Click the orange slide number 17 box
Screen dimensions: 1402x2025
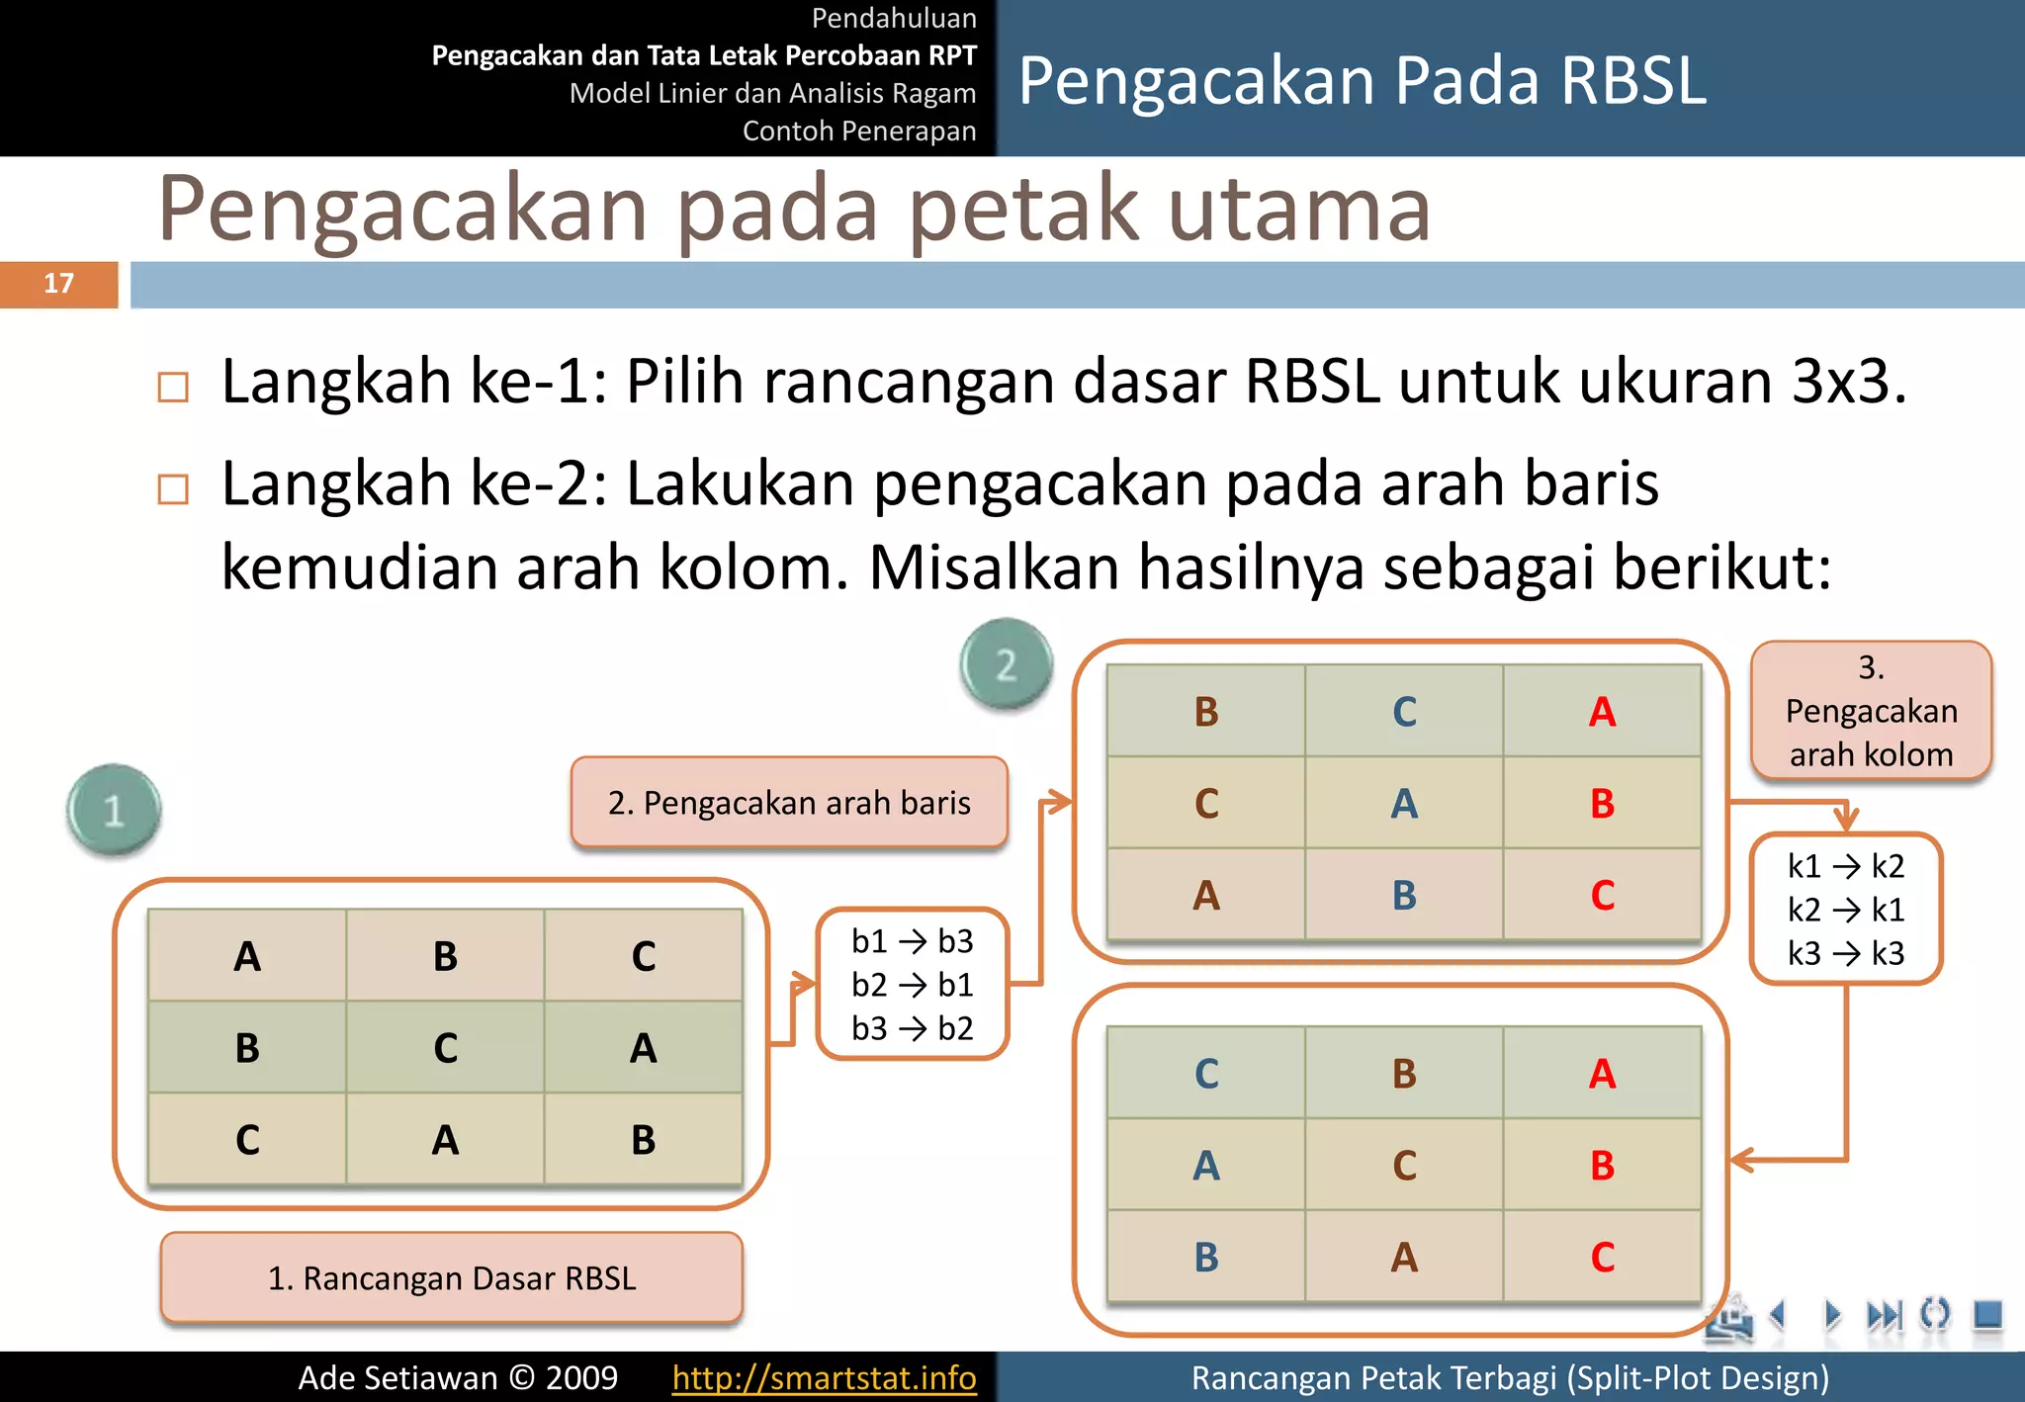click(58, 284)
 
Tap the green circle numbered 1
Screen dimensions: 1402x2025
click(114, 810)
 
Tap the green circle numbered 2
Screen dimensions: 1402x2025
click(1006, 664)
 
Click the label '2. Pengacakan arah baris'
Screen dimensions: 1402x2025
click(789, 803)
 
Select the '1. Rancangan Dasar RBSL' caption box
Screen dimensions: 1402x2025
click(452, 1277)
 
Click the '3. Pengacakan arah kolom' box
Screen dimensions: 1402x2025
click(1871, 711)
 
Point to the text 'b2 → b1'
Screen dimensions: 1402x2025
click(912, 985)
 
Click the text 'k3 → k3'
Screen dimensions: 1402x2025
click(1845, 953)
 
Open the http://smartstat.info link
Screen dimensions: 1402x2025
click(824, 1377)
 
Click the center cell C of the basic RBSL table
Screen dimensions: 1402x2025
click(445, 1048)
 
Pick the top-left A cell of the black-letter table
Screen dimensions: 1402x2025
click(247, 956)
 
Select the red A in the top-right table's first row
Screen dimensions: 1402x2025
click(1602, 712)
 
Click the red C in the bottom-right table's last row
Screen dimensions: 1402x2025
click(1602, 1258)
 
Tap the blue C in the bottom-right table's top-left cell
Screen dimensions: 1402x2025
click(1206, 1074)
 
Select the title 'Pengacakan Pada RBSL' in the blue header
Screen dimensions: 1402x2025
click(1362, 81)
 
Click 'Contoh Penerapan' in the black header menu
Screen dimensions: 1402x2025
click(858, 131)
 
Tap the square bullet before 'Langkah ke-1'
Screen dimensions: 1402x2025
click(173, 387)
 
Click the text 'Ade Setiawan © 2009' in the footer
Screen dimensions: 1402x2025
click(458, 1377)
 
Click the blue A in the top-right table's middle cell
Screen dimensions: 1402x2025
click(1404, 804)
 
